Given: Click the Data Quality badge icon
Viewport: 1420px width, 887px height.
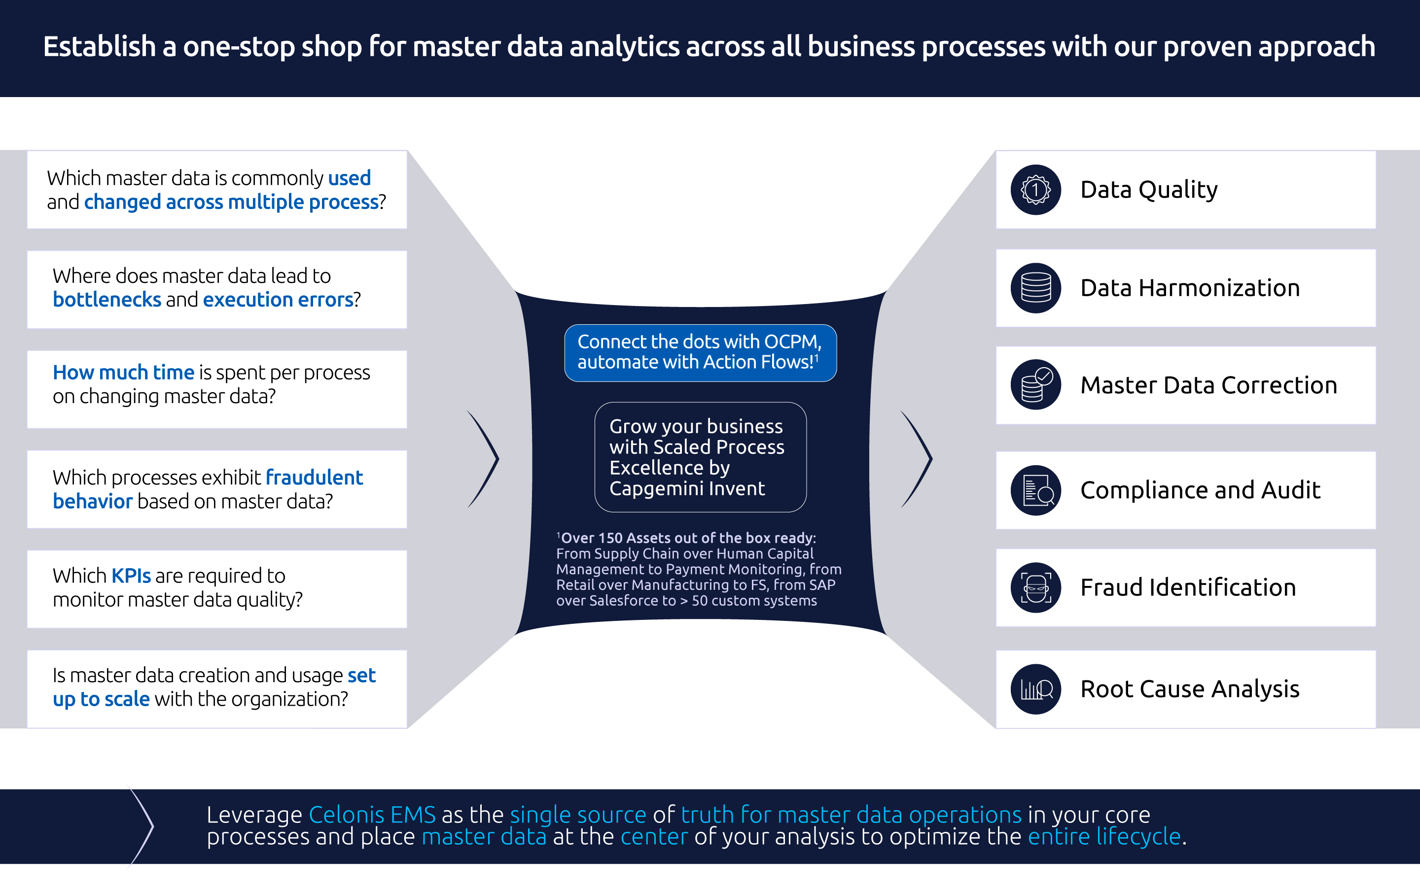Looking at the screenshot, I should (1035, 190).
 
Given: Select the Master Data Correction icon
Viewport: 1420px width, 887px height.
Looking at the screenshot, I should (1035, 385).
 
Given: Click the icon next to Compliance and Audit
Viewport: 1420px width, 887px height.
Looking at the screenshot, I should (1035, 490).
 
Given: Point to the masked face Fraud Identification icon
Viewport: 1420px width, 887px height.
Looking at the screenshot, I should (1035, 587).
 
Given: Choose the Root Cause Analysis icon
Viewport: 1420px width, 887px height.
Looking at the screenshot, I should (1035, 689).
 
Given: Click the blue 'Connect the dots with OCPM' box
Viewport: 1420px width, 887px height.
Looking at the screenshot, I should (700, 352).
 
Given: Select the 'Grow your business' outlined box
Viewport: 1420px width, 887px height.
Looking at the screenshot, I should (700, 457).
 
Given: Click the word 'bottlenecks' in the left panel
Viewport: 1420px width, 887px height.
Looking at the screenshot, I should (107, 300).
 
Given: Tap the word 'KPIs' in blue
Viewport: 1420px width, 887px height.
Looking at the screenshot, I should (131, 576).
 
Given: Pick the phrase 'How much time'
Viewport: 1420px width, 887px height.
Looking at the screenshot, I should (123, 373).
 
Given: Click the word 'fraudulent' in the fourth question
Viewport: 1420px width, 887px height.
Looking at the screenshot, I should (314, 478).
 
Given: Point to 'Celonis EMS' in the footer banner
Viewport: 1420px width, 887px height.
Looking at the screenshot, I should (372, 815).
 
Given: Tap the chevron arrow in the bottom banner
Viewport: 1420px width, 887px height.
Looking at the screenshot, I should (142, 826).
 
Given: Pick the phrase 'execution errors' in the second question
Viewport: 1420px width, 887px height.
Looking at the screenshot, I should (278, 300).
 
